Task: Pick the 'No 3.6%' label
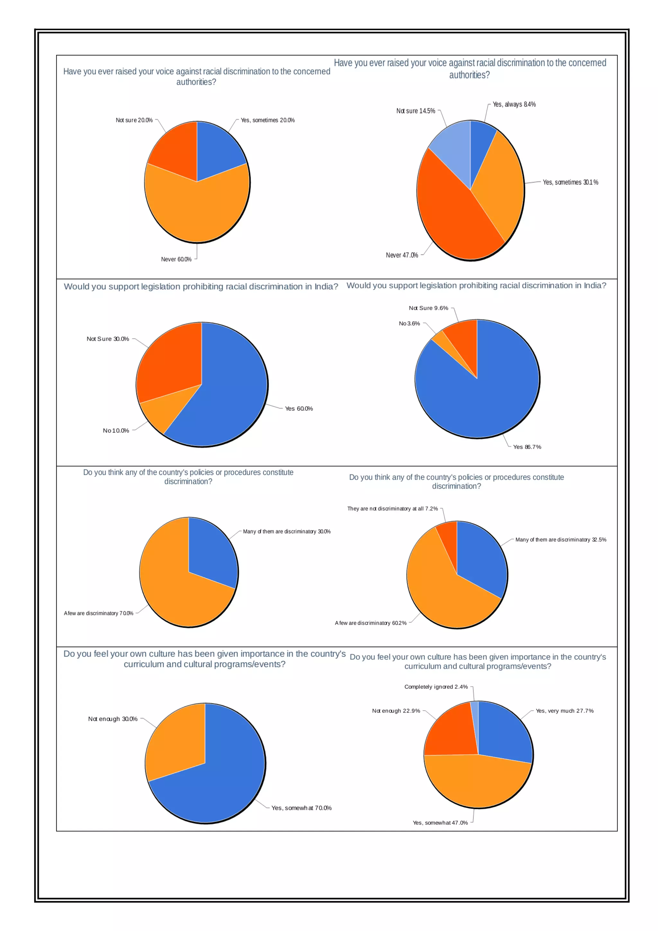click(x=409, y=324)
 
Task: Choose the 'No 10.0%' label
click(x=116, y=431)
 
